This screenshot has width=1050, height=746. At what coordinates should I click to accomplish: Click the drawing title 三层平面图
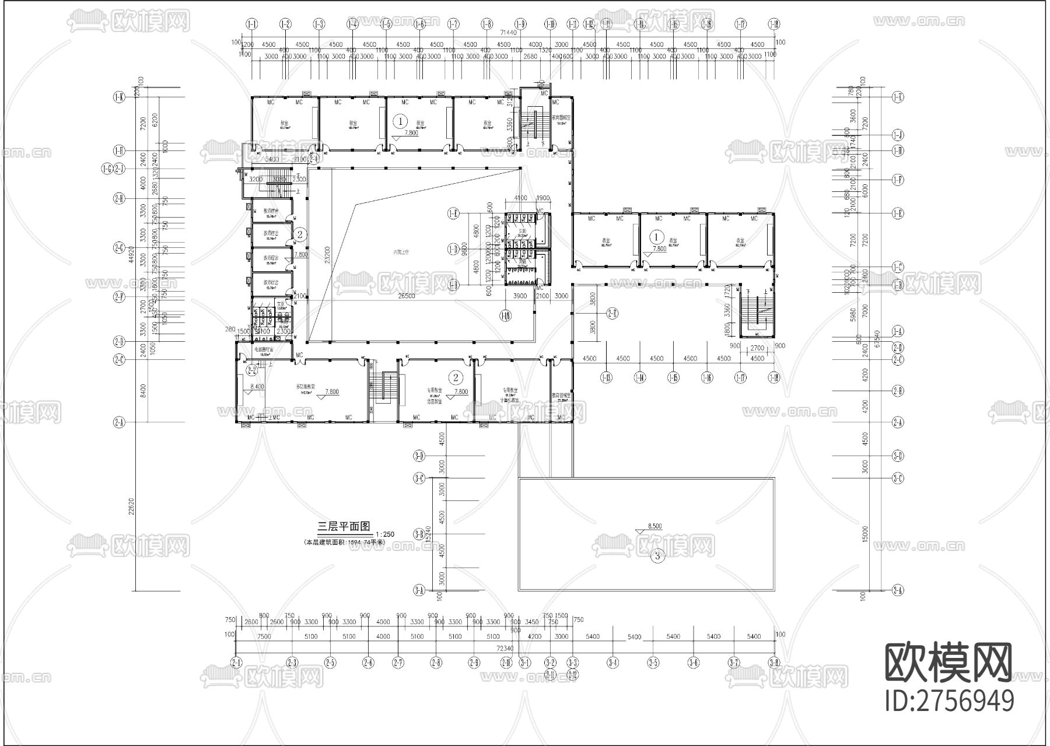point(344,526)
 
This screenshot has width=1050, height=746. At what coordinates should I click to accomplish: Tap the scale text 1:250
point(385,534)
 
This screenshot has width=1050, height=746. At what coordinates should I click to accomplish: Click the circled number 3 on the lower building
point(657,556)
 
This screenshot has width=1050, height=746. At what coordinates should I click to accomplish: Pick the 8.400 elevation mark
point(257,386)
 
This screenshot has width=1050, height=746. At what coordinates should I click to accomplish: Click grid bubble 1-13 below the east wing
point(607,378)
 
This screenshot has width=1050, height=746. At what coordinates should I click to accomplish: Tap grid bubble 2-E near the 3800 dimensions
point(612,314)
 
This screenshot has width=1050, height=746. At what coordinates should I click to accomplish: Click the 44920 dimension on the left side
point(131,254)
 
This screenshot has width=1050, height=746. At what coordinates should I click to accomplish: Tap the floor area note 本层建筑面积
point(344,542)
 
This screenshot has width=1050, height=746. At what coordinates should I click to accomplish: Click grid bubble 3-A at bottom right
point(897,591)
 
